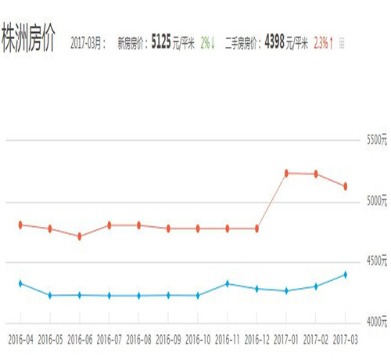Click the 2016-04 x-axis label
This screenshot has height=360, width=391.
pyautogui.click(x=20, y=340)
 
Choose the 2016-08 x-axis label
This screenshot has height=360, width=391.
pyautogui.click(x=138, y=340)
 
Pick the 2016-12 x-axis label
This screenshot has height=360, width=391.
pyautogui.click(x=256, y=340)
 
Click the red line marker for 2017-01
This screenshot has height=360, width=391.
pyautogui.click(x=286, y=173)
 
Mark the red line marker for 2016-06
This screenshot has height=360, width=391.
pyautogui.click(x=80, y=236)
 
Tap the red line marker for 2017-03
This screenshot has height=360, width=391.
pyautogui.click(x=345, y=186)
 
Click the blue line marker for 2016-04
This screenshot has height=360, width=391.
pyautogui.click(x=20, y=283)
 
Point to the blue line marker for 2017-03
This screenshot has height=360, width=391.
pyautogui.click(x=345, y=275)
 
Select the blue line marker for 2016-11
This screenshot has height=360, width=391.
pyautogui.click(x=227, y=283)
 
